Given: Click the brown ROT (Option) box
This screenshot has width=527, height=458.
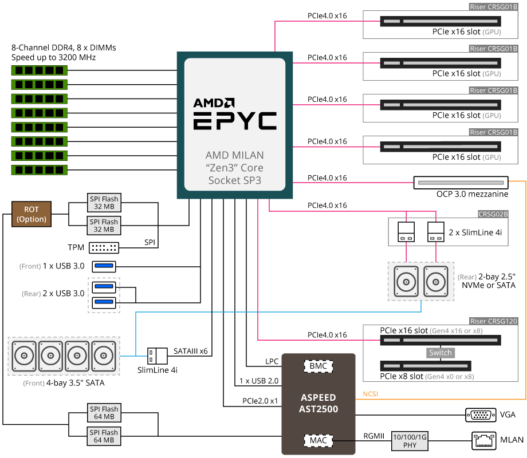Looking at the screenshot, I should point(31,214).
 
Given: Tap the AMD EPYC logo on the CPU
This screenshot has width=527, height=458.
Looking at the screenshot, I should point(234,114).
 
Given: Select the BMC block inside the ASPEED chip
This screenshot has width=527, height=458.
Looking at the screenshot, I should point(318,365).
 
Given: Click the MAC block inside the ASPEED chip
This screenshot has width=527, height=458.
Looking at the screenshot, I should point(318,440).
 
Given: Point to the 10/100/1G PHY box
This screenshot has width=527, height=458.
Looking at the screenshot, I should point(410,440).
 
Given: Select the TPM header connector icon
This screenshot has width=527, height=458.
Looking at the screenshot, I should point(104,248).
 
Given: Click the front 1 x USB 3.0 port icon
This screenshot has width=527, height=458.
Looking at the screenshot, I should point(104,266).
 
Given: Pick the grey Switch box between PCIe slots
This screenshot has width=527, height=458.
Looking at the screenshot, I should point(441,353).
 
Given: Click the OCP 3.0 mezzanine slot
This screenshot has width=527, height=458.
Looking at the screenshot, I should point(461,182).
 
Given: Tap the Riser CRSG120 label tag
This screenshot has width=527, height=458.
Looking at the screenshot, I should point(493,321).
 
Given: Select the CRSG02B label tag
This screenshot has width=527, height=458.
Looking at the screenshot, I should point(492,214).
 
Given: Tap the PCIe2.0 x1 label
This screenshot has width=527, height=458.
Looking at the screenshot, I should point(259,401).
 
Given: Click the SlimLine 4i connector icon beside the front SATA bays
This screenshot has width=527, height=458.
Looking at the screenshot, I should point(157,356).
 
